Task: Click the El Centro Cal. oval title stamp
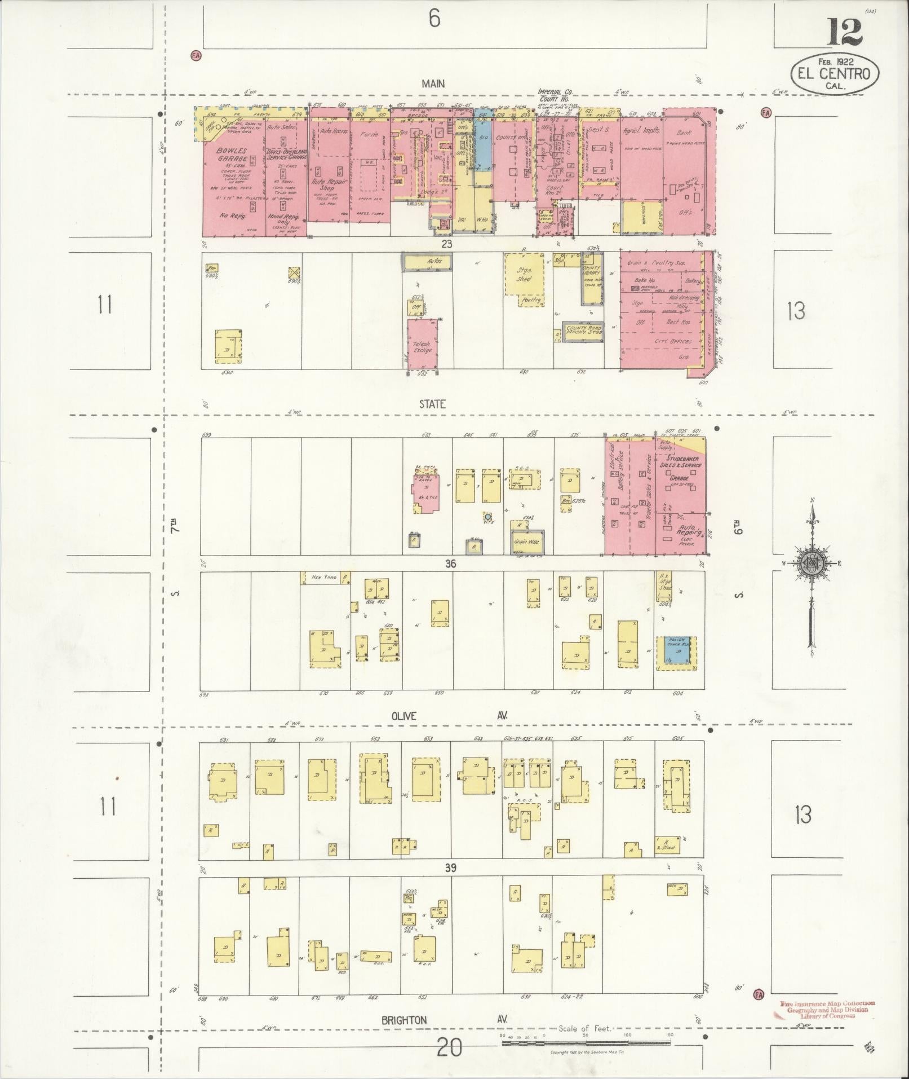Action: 835,74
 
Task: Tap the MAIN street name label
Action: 433,83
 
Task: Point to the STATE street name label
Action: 432,404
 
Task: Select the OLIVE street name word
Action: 403,716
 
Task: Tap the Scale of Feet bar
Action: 586,1043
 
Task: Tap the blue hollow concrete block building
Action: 676,650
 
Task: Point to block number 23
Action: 447,245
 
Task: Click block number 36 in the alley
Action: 450,563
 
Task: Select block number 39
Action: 450,868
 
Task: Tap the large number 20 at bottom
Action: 449,1048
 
